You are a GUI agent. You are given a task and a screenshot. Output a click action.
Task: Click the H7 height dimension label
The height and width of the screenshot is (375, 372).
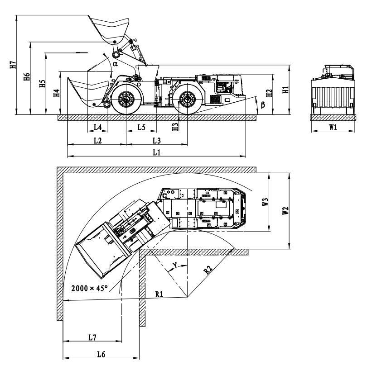tap(13, 65)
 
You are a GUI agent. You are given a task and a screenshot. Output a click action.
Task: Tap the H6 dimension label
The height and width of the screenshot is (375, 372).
tap(27, 76)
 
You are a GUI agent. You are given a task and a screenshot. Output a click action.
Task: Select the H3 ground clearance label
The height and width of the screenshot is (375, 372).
tap(176, 127)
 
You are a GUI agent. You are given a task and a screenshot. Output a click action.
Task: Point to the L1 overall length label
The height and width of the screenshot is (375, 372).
tap(157, 152)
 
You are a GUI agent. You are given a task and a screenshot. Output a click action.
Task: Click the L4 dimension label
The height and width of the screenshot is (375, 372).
tap(97, 127)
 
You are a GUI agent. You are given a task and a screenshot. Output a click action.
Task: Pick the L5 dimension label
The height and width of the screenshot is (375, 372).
tap(141, 127)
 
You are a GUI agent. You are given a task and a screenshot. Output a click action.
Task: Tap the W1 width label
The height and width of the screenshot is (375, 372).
tap(333, 127)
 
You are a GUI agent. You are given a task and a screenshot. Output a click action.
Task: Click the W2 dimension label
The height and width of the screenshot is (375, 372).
tap(285, 211)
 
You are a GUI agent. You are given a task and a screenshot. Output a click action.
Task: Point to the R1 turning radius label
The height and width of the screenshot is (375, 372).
tap(159, 294)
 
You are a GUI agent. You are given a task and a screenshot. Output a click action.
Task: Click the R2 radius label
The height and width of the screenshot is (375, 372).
tap(208, 270)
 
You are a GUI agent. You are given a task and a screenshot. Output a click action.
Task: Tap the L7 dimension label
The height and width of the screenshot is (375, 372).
tap(92, 337)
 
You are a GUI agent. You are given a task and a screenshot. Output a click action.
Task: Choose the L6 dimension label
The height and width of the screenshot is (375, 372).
tap(101, 354)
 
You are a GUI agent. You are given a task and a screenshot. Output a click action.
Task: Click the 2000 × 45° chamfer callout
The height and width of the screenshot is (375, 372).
tap(90, 288)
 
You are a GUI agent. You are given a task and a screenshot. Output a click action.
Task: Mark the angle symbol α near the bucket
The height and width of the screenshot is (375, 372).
tap(116, 64)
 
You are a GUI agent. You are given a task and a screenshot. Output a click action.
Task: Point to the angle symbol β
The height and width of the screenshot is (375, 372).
tap(263, 104)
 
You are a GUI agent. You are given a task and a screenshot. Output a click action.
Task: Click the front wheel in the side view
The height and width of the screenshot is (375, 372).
tap(126, 99)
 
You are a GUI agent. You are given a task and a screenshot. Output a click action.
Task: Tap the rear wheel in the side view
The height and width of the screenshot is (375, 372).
tap(188, 99)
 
